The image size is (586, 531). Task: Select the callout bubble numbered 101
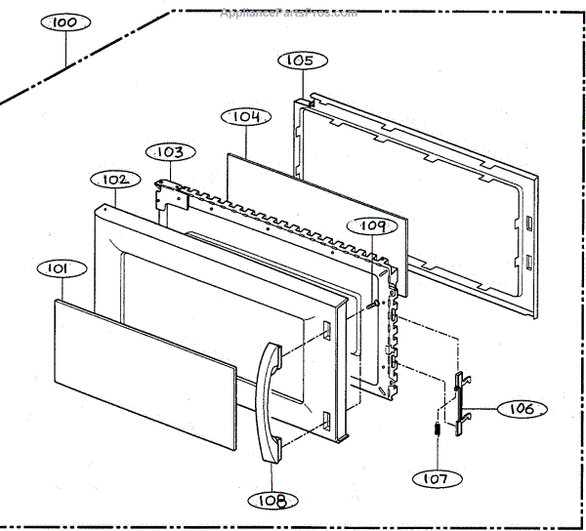(55, 267)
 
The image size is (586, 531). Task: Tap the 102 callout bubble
(112, 180)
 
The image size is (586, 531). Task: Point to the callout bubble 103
(172, 152)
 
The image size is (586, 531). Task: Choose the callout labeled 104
(245, 117)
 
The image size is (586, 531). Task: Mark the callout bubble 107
(436, 480)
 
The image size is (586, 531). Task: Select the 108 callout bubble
(266, 501)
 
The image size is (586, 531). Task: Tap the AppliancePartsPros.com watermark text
(289, 14)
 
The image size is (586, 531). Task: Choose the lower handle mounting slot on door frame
(325, 421)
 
